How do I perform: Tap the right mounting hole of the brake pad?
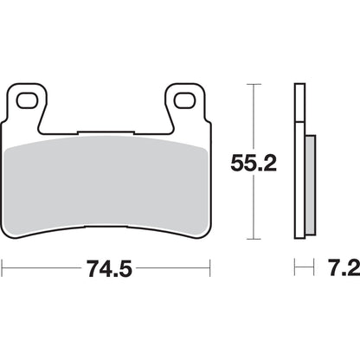pos(183,100)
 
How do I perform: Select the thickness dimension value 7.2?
pos(338,269)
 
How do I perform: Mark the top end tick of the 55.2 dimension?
pos(252,84)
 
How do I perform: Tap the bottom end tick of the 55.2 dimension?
pos(252,240)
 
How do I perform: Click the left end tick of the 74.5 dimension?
pos(3,269)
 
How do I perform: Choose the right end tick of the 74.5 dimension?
pos(211,269)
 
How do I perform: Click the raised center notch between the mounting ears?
pos(106,132)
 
